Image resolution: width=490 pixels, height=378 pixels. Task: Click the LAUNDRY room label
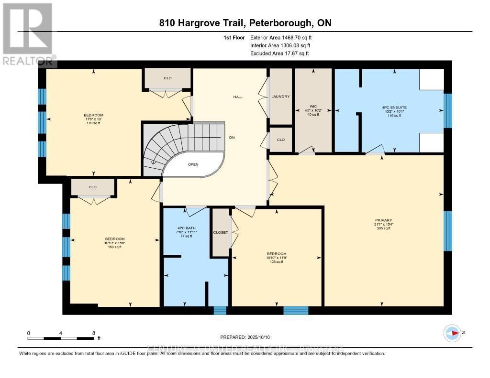point(280,97)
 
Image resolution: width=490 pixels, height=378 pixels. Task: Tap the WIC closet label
point(313,106)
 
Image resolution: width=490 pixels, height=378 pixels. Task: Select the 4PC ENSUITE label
point(395,108)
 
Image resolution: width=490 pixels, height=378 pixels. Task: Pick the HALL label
point(238,97)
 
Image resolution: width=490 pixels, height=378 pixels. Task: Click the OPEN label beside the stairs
point(193,164)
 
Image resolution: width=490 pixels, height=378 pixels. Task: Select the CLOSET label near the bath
point(221,232)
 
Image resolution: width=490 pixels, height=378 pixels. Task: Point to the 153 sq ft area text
point(115,247)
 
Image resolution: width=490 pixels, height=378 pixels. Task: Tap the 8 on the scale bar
point(94,333)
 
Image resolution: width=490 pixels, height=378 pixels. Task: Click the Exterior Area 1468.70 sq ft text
point(283,37)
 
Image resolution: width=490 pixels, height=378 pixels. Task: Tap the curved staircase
point(172,143)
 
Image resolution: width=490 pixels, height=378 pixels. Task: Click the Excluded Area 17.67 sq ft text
point(279,54)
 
